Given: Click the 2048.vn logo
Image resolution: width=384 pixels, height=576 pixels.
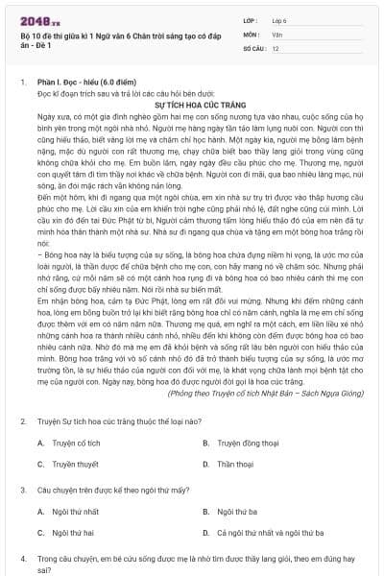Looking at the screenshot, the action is click(39, 20).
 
